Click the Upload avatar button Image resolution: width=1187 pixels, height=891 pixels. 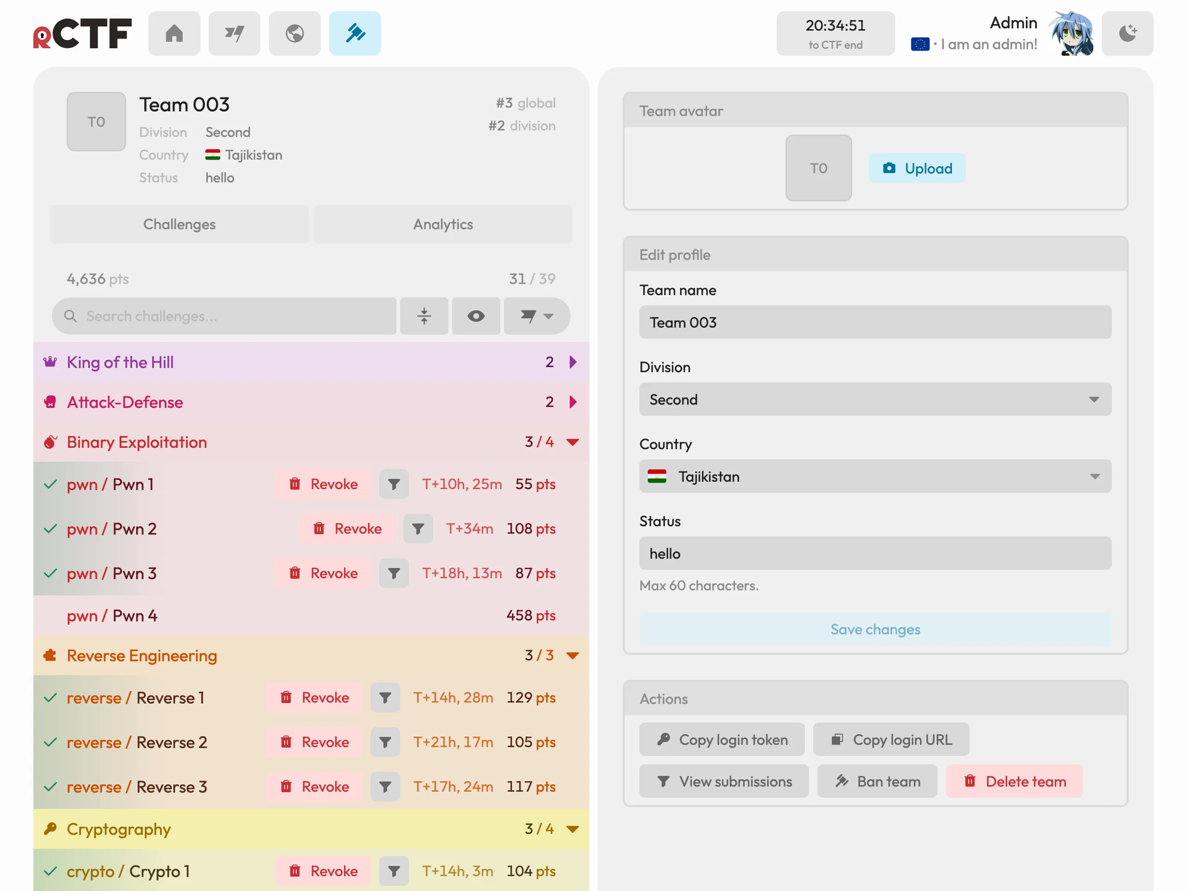pyautogui.click(x=917, y=168)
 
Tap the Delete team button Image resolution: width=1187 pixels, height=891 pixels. pyautogui.click(x=1014, y=781)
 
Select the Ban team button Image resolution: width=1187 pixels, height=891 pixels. pyautogui.click(x=877, y=781)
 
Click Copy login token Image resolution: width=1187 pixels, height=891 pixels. pyautogui.click(x=722, y=740)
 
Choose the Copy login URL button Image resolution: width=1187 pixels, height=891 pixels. pyautogui.click(x=891, y=740)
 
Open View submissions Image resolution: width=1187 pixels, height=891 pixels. pyautogui.click(x=724, y=781)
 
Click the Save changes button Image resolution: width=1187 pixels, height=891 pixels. pyautogui.click(x=875, y=629)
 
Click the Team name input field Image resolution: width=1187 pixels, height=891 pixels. pyautogui.click(x=875, y=322)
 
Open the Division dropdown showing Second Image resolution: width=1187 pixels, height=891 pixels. pyautogui.click(x=875, y=399)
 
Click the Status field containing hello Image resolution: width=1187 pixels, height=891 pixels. pyautogui.click(x=875, y=553)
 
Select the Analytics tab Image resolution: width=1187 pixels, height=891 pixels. pyautogui.click(x=443, y=224)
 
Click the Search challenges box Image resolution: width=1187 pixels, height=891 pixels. pyautogui.click(x=224, y=316)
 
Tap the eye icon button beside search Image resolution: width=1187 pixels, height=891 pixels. pyautogui.click(x=476, y=316)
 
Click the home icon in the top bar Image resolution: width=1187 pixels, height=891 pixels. pyautogui.click(x=174, y=33)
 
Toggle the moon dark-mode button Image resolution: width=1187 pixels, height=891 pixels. pyautogui.click(x=1128, y=33)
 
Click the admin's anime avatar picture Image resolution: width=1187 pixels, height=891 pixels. pyautogui.click(x=1072, y=33)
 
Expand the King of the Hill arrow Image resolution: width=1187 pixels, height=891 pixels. pyautogui.click(x=573, y=362)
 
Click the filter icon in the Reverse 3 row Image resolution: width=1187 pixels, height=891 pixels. pyautogui.click(x=385, y=787)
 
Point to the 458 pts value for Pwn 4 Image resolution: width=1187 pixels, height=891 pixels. pyautogui.click(x=531, y=615)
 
